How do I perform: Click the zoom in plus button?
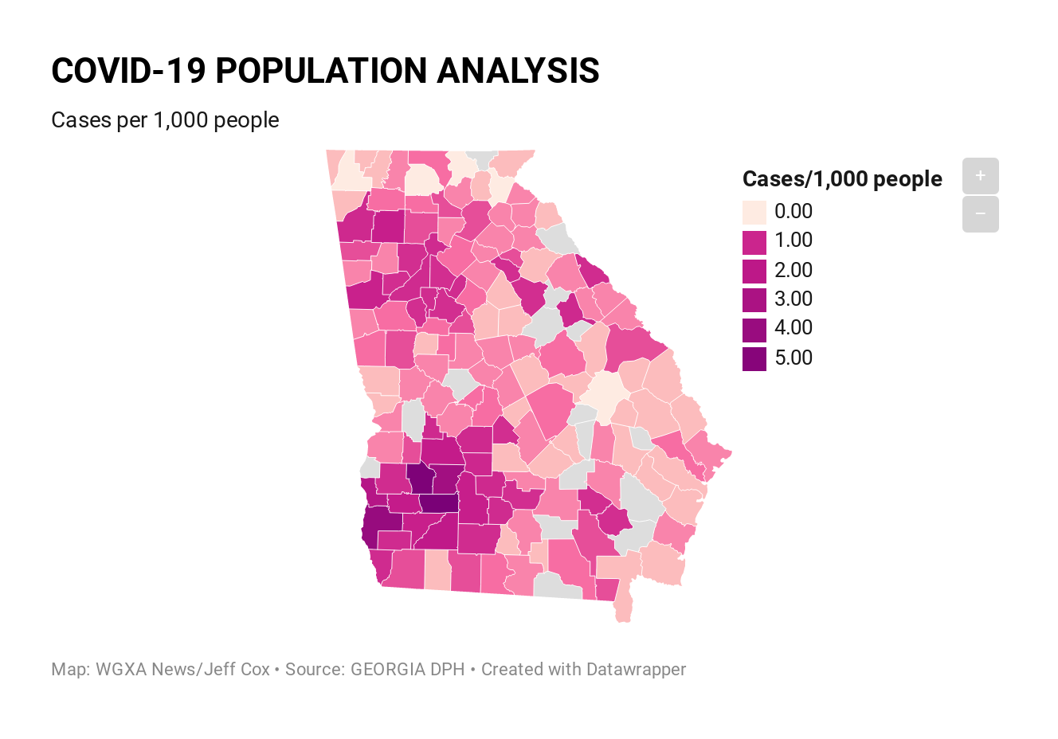pyautogui.click(x=981, y=176)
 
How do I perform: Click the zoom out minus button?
pyautogui.click(x=981, y=214)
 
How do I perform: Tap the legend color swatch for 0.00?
pyautogui.click(x=754, y=212)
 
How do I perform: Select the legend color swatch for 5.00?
pyautogui.click(x=754, y=359)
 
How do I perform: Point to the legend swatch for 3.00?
pyautogui.click(x=754, y=300)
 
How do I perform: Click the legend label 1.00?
pyautogui.click(x=793, y=240)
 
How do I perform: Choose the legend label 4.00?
pyautogui.click(x=793, y=328)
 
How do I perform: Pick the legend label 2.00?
pyautogui.click(x=793, y=270)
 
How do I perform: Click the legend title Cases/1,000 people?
pyautogui.click(x=842, y=179)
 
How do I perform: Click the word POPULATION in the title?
pyautogui.click(x=321, y=71)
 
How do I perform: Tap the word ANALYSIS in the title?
pyautogui.click(x=518, y=71)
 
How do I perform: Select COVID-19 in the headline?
pyautogui.click(x=128, y=71)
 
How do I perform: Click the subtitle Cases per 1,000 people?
pyautogui.click(x=165, y=120)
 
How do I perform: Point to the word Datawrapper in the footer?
pyautogui.click(x=636, y=670)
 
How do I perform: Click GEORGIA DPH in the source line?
pyautogui.click(x=408, y=670)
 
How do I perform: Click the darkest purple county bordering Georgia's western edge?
pyautogui.click(x=382, y=526)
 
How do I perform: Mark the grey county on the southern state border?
pyautogui.click(x=558, y=586)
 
